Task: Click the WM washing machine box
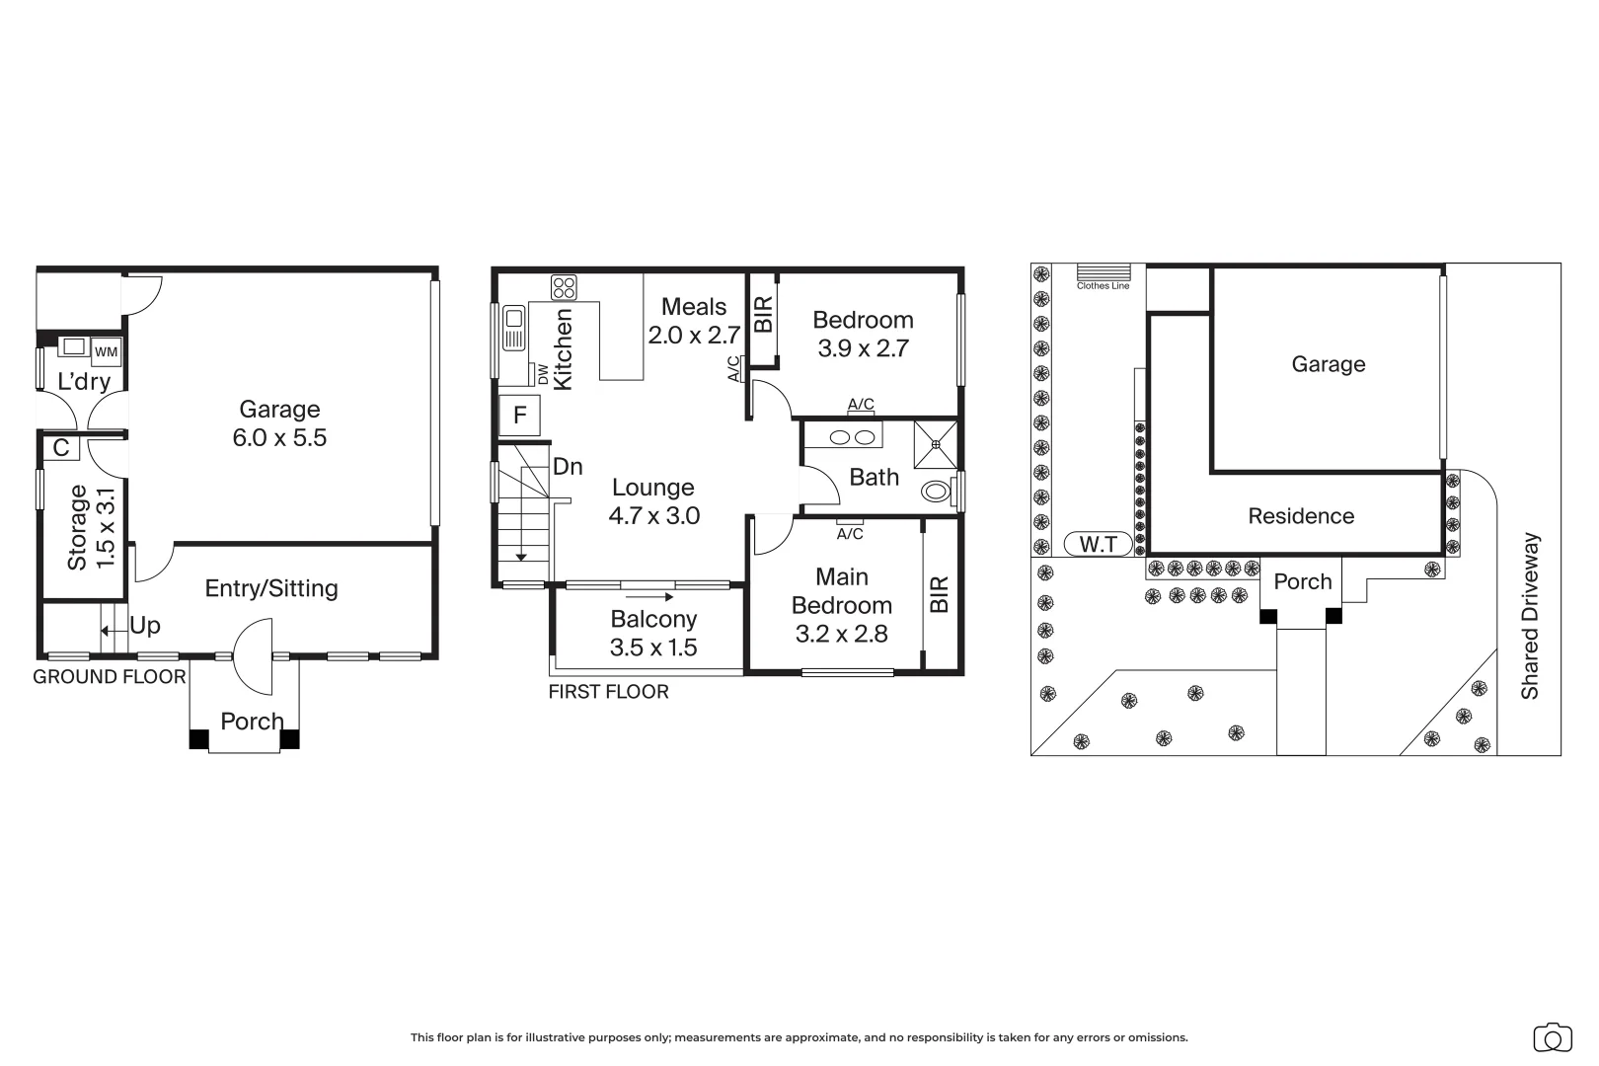(106, 351)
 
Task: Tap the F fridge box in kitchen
(519, 416)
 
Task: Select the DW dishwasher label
(542, 373)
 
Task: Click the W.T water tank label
(1098, 544)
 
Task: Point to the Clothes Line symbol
(1103, 272)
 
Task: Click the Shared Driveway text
(1530, 617)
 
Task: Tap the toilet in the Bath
(936, 491)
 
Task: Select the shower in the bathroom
(935, 444)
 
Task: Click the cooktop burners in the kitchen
(564, 287)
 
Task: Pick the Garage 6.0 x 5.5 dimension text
(279, 438)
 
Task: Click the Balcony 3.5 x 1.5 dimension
(653, 647)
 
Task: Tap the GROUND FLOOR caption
(109, 677)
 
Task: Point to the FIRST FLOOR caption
(608, 692)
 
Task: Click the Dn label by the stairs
(568, 466)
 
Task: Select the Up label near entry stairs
(145, 626)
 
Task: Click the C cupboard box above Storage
(61, 448)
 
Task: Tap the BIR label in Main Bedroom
(939, 594)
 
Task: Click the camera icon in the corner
(1552, 1037)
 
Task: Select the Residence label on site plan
(1300, 516)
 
